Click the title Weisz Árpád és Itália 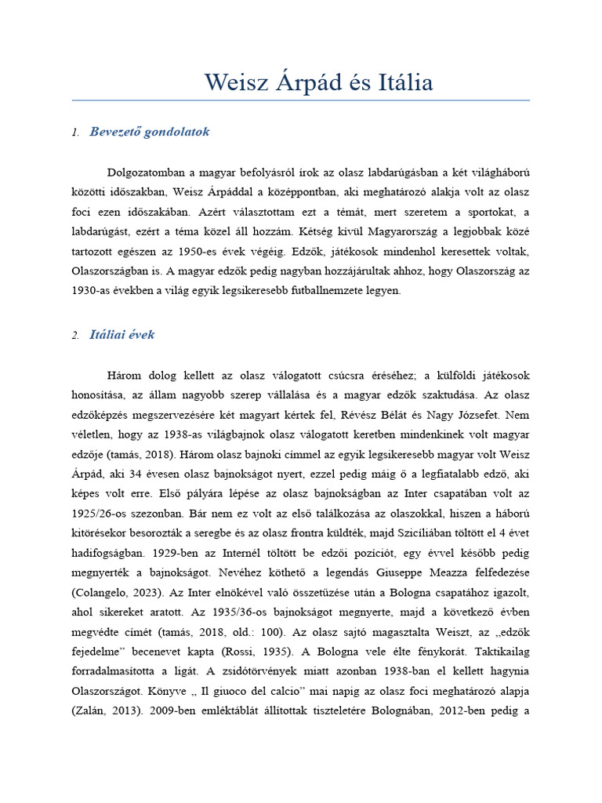[318, 82]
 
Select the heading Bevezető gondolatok [150, 132]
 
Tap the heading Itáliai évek [122, 335]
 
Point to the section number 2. [75, 336]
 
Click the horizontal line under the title [301, 100]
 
